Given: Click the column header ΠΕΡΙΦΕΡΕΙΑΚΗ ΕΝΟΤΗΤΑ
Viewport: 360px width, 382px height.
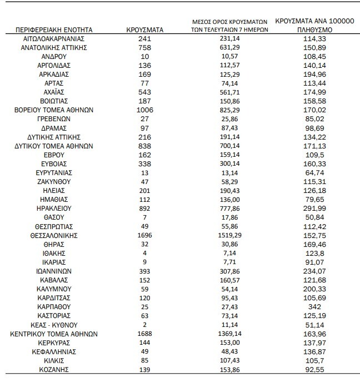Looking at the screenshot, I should (54, 29).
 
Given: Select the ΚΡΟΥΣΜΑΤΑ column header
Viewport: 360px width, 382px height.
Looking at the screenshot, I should (144, 29).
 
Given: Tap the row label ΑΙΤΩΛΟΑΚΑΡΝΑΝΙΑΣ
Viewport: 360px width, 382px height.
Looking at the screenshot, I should (54, 39).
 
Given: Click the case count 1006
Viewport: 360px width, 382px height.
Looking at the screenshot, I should (144, 110).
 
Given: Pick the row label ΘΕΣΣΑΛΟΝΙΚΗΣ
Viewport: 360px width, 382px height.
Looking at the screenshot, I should (54, 235).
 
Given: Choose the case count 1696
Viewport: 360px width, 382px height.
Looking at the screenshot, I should (144, 235).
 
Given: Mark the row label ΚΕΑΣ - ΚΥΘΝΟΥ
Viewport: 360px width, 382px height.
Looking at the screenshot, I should (54, 324).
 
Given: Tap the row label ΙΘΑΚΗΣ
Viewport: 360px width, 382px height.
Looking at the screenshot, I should (54, 253).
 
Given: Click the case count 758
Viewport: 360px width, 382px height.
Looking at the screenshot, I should (144, 48).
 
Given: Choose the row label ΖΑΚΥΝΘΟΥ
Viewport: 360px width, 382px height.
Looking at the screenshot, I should (54, 182).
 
